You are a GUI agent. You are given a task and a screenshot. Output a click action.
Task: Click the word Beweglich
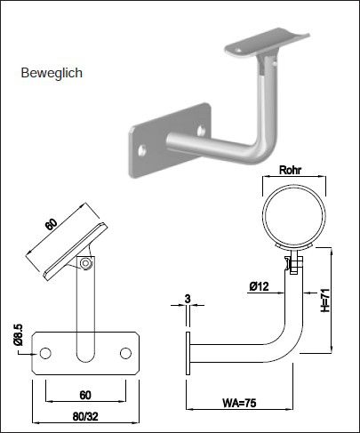click(51, 74)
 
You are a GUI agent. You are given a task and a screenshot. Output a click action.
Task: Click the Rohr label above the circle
click(291, 169)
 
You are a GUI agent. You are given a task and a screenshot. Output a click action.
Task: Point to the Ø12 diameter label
click(260, 285)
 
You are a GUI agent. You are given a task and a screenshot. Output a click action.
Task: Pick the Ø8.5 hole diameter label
click(18, 337)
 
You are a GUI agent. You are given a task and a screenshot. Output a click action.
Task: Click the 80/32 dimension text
click(86, 413)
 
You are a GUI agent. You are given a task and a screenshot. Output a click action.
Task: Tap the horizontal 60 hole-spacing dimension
click(85, 394)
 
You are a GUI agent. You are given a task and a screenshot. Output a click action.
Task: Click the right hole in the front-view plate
click(124, 350)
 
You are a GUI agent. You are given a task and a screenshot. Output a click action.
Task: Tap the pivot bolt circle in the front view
click(85, 263)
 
